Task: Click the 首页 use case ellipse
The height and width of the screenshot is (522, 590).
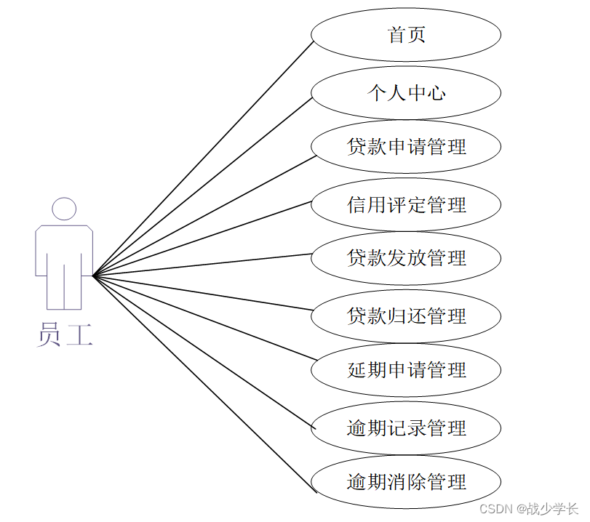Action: point(406,34)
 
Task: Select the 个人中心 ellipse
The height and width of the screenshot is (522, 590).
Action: point(406,92)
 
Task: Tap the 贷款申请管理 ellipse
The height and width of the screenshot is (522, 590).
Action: point(406,147)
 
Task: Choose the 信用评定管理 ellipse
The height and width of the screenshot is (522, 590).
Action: point(406,205)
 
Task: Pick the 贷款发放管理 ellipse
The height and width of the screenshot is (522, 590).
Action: point(406,258)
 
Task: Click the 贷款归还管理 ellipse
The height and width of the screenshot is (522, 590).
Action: point(406,316)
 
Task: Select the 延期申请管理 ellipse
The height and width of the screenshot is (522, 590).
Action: point(406,370)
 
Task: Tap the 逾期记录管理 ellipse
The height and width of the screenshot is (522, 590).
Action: point(406,428)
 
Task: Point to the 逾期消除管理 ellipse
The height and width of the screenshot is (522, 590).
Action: point(406,482)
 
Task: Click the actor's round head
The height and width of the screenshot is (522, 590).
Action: point(64,209)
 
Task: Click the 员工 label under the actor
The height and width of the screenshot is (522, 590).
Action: point(64,335)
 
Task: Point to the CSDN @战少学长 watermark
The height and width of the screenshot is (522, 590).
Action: point(530,508)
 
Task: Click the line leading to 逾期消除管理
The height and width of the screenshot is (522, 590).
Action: point(204,385)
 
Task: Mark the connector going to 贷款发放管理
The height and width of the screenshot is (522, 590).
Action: point(202,265)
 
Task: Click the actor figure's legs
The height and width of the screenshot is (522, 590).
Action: point(64,287)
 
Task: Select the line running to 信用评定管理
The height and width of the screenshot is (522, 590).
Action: point(202,238)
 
